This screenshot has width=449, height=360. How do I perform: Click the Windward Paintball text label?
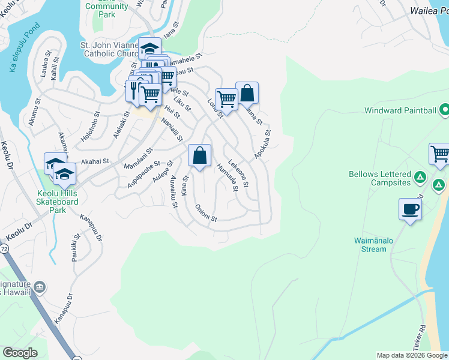click(x=400, y=110)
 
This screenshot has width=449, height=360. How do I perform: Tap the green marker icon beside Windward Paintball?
click(x=445, y=110)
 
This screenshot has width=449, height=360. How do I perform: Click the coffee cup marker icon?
click(x=410, y=210)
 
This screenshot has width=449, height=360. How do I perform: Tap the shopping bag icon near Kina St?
click(x=200, y=156)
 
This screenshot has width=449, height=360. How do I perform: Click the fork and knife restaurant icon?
click(x=133, y=90)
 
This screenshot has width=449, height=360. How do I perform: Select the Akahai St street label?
click(x=95, y=161)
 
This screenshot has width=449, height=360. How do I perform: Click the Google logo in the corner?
click(x=20, y=353)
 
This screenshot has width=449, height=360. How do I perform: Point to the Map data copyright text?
click(x=412, y=355)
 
